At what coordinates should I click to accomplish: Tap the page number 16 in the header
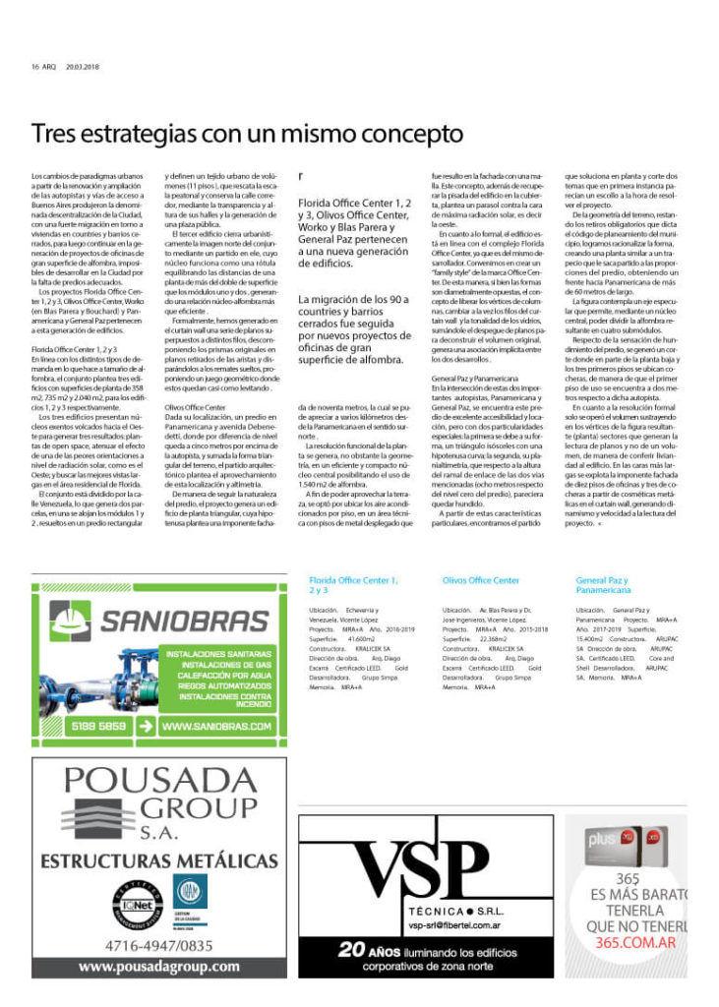click(x=35, y=67)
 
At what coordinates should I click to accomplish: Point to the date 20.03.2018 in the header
click(x=85, y=67)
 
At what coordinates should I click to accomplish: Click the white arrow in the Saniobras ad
click(x=146, y=727)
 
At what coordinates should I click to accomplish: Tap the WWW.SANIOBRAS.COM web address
click(x=215, y=727)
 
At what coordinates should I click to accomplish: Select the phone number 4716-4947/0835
click(x=159, y=946)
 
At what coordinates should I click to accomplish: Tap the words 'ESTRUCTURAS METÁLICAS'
click(x=159, y=861)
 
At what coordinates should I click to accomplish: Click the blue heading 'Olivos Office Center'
click(x=481, y=581)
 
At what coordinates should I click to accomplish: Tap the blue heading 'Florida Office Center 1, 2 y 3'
click(x=353, y=586)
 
